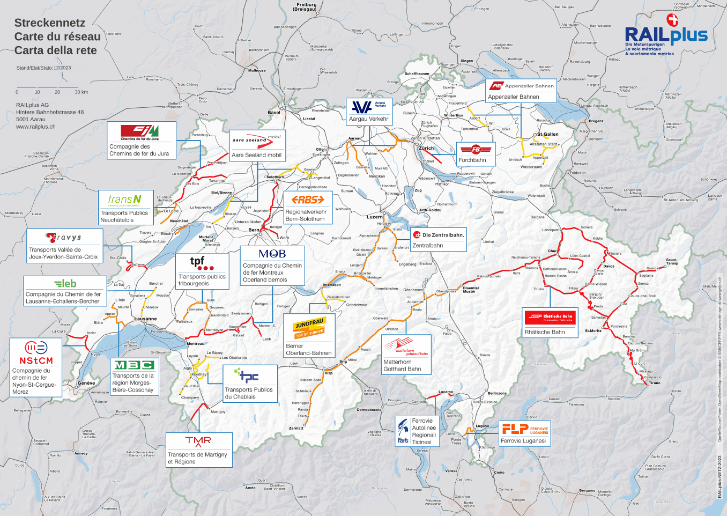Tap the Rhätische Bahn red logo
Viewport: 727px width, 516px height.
550,316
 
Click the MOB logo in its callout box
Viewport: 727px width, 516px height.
272,254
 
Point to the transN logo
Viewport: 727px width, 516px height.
125,200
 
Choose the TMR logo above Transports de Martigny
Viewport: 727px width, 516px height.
198,441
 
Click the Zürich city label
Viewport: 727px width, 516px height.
426,148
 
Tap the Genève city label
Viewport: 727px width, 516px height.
86,383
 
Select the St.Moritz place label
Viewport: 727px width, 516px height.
593,330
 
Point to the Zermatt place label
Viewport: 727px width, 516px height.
296,428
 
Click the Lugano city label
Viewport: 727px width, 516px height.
482,426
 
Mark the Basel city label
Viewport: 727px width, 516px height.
274,113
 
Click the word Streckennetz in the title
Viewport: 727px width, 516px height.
50,23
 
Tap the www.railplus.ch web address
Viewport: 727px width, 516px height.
35,127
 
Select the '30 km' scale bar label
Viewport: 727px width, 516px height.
81,92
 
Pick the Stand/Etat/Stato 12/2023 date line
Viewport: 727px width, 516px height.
43,68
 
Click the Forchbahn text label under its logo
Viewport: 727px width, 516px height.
472,160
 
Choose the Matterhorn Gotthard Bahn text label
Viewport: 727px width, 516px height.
402,365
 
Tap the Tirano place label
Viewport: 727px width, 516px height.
655,382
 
